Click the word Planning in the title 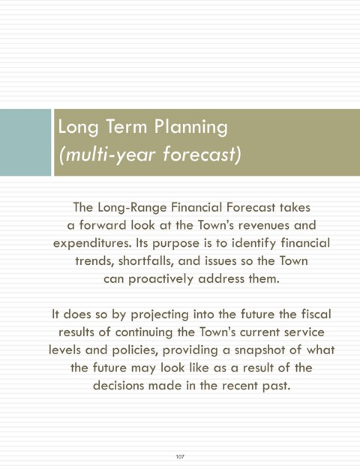pyautogui.click(x=190, y=128)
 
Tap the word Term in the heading pyautogui.click(x=126, y=126)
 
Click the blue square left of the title pyautogui.click(x=25, y=143)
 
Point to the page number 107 pyautogui.click(x=180, y=456)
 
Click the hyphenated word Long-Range pyautogui.click(x=132, y=208)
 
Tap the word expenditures pyautogui.click(x=92, y=244)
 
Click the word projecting pyautogui.click(x=160, y=315)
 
